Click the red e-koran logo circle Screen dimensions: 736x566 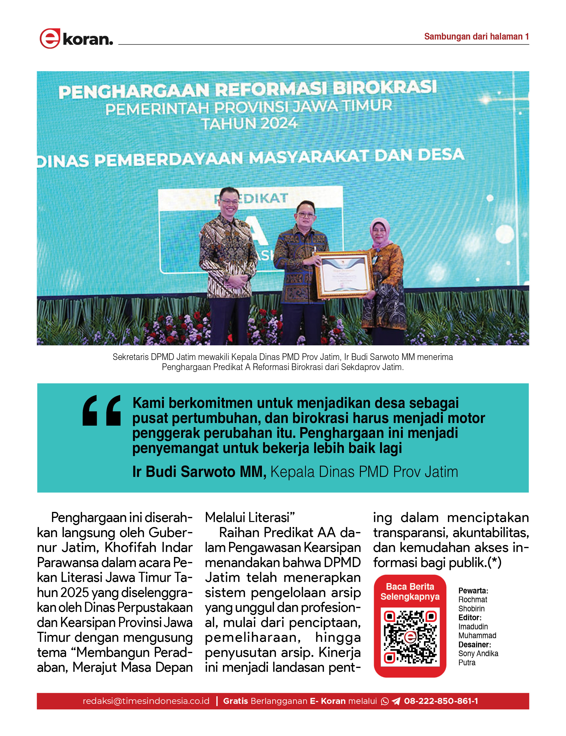[x=50, y=38]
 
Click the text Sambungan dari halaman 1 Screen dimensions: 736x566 [x=476, y=36]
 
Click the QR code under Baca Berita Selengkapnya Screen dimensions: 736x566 [x=410, y=637]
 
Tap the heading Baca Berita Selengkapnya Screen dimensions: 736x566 [x=410, y=591]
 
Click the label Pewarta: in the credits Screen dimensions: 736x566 [x=473, y=591]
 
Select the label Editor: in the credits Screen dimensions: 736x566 [x=470, y=617]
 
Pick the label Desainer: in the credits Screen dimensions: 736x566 [x=474, y=644]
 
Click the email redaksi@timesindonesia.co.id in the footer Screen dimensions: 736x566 [x=146, y=701]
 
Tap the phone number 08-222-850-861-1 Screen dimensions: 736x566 [x=441, y=701]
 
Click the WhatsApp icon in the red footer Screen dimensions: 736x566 [x=384, y=701]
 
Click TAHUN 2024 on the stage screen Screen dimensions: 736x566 [x=250, y=124]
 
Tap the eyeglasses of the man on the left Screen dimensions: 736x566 [x=229, y=202]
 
